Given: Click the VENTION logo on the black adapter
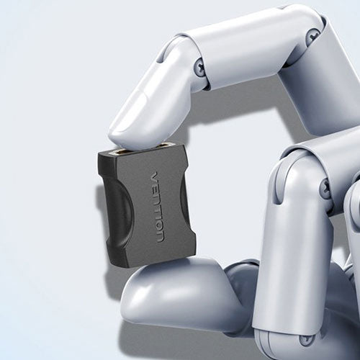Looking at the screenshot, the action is (158, 207).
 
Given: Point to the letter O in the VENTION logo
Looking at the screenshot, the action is (159, 228).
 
